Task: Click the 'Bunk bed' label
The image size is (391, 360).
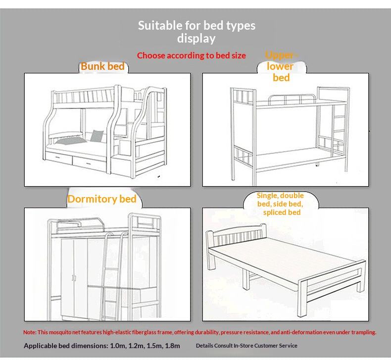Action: [x=102, y=66]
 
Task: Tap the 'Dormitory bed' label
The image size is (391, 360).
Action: [x=101, y=199]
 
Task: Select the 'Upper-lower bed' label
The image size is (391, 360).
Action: [x=281, y=66]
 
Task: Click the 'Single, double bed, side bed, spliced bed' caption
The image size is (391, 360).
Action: [x=280, y=204]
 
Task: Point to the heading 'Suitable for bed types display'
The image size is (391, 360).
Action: [x=196, y=32]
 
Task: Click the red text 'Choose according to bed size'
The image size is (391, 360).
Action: [x=191, y=55]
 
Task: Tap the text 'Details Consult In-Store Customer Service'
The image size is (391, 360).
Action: [x=246, y=346]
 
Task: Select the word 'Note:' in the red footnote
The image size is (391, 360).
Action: [x=30, y=332]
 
